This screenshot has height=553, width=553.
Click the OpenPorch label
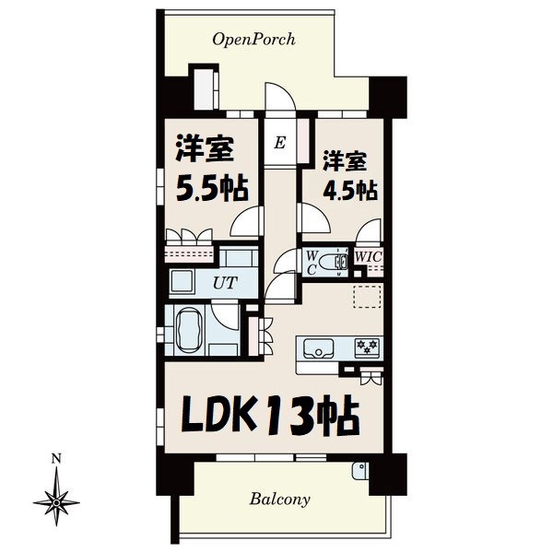click(x=253, y=40)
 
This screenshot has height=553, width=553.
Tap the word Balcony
click(x=279, y=500)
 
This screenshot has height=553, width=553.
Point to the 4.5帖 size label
click(x=348, y=190)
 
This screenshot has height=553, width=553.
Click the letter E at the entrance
click(x=280, y=143)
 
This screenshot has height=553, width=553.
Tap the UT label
click(x=223, y=282)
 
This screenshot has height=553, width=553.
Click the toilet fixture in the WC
click(x=339, y=261)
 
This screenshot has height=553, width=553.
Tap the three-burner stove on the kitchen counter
click(x=367, y=347)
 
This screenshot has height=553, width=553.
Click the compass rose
click(x=56, y=500)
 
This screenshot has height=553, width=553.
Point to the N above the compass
click(x=56, y=458)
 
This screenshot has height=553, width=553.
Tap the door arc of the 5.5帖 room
click(x=243, y=222)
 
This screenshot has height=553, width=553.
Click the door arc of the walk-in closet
click(x=370, y=230)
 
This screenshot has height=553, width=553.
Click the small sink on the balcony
click(x=357, y=472)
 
